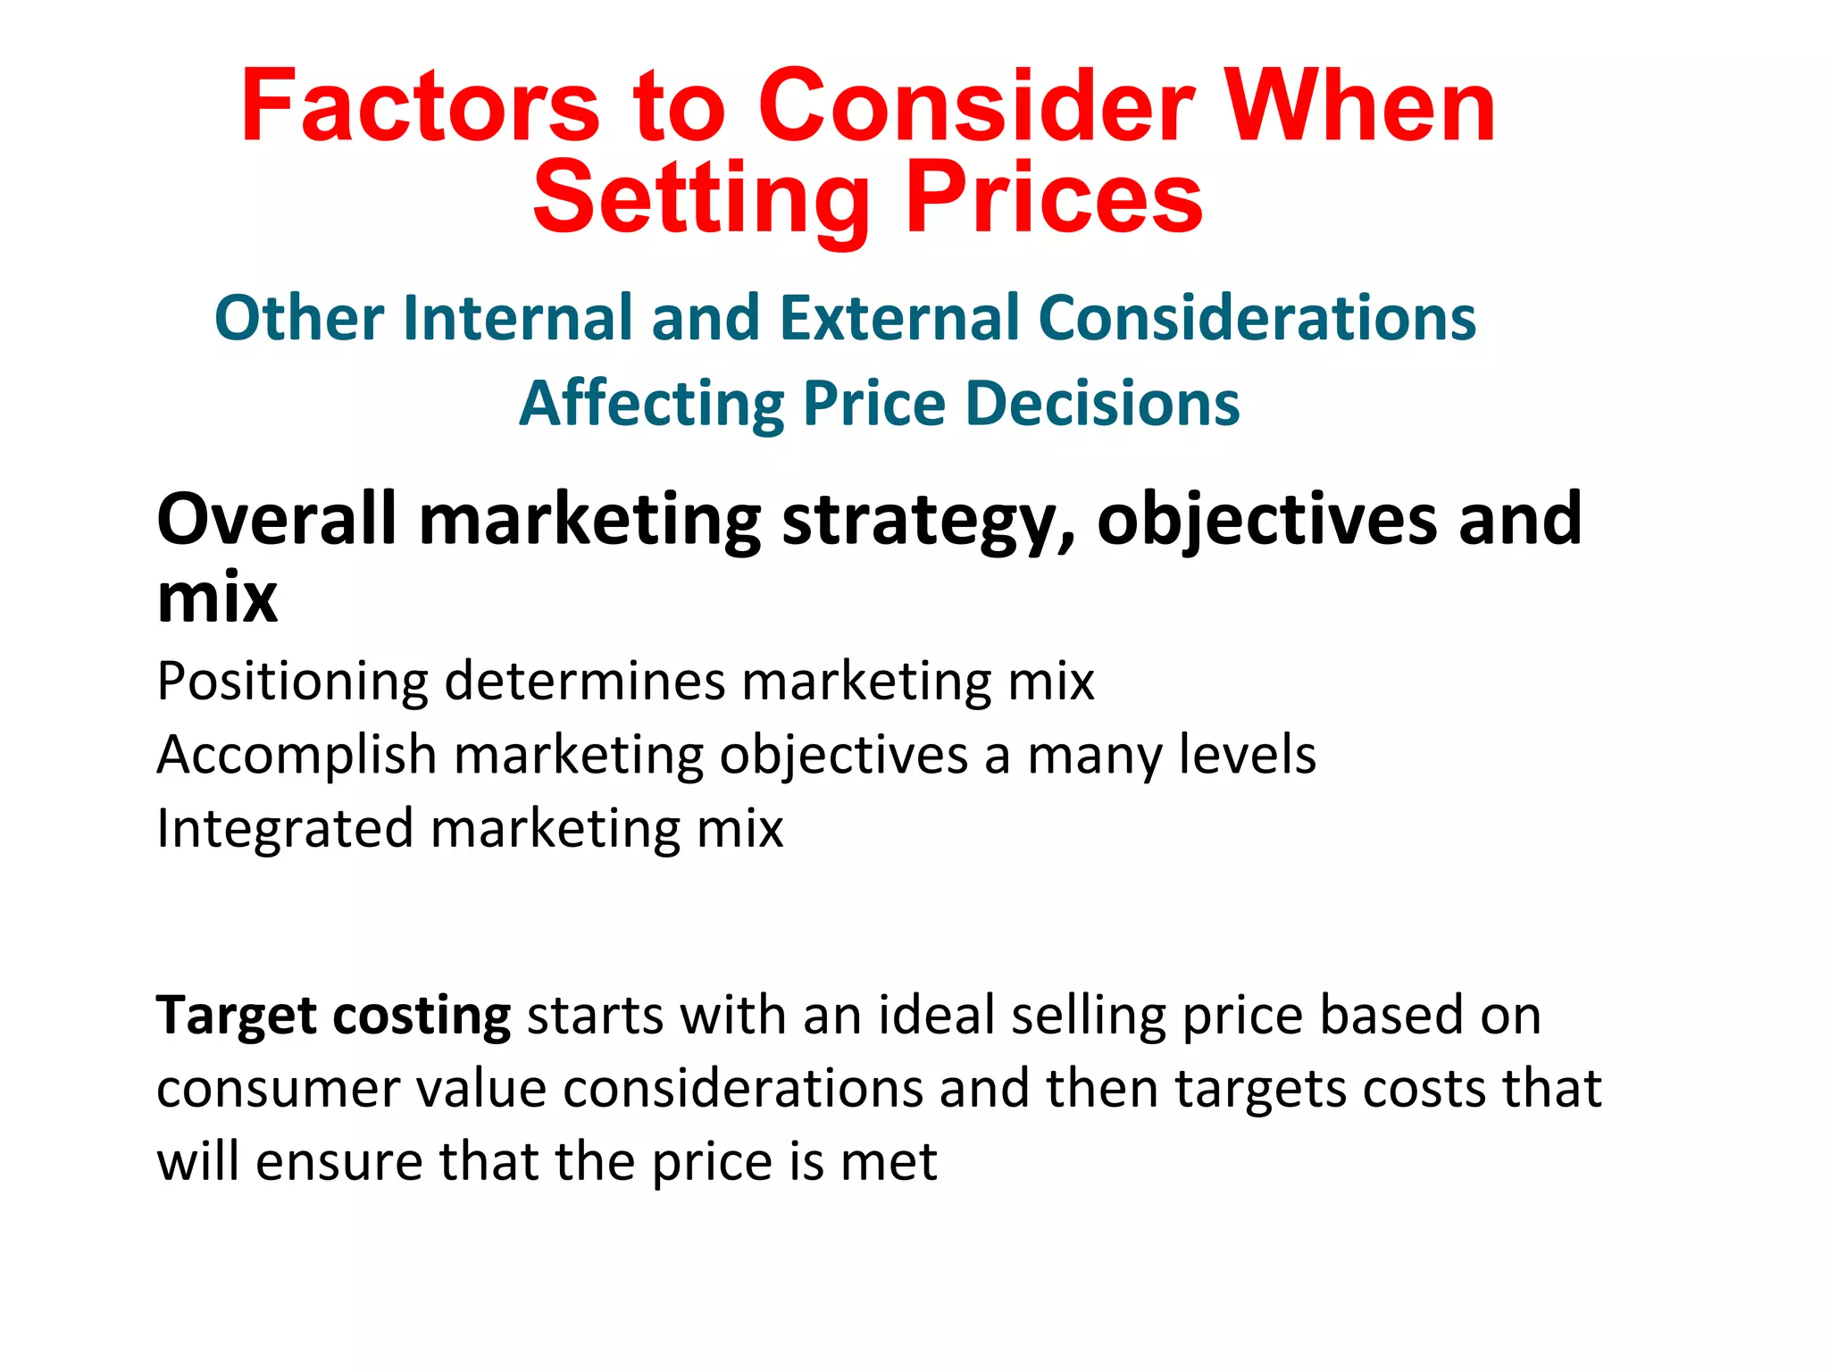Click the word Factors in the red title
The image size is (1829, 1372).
tap(420, 107)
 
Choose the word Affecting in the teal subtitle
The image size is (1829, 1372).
tap(651, 405)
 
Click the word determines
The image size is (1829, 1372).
tap(586, 682)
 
